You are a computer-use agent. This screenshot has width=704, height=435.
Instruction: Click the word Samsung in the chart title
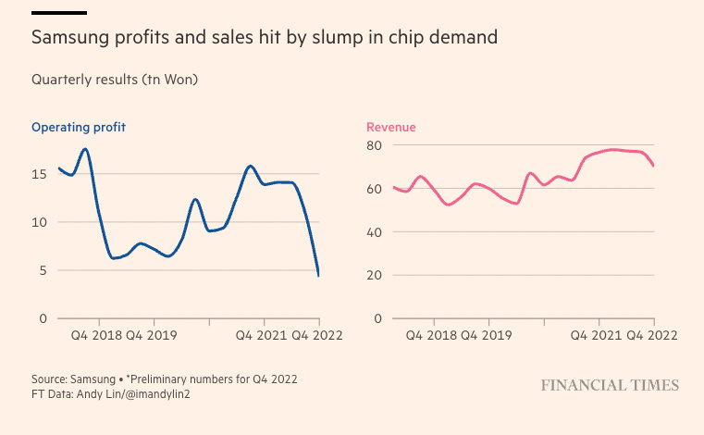click(x=68, y=38)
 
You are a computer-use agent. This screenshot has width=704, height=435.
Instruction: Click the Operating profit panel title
click(x=79, y=127)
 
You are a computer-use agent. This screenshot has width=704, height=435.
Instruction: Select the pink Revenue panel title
click(x=391, y=127)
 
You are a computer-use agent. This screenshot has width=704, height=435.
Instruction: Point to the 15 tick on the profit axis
click(x=39, y=174)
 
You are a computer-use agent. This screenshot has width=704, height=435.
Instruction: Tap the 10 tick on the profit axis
click(x=39, y=222)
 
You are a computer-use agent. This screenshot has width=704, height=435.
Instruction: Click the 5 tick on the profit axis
click(x=43, y=270)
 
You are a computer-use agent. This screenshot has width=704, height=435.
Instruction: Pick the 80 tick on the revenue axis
click(x=374, y=145)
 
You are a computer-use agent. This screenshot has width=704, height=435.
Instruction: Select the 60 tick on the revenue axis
click(x=374, y=189)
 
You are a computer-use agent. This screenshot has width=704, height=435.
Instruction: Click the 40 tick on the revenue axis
click(x=374, y=232)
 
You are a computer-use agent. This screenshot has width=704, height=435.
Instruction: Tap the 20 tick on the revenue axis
click(x=374, y=275)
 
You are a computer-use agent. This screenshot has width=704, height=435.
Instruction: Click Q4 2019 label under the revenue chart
click(x=484, y=335)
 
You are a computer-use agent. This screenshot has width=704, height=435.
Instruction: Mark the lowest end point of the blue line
click(x=318, y=275)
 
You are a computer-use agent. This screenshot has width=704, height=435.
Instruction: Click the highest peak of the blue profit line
click(x=85, y=149)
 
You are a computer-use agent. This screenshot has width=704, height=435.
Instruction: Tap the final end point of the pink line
click(x=653, y=166)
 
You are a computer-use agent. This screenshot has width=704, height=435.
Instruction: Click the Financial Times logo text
click(x=610, y=385)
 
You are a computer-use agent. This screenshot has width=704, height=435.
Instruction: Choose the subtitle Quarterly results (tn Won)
click(x=115, y=80)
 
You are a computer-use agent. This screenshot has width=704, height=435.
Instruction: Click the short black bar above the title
click(x=59, y=13)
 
